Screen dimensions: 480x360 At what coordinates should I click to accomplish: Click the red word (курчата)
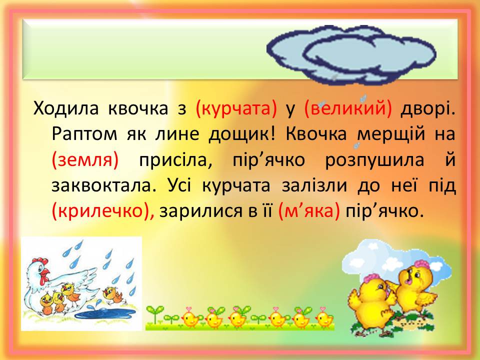(236, 108)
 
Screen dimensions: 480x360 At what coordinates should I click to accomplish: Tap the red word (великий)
(348, 108)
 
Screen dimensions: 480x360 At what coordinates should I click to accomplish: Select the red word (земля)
(85, 160)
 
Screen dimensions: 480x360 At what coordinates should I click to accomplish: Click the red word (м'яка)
(309, 211)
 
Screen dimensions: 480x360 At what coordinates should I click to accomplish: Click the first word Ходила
(66, 108)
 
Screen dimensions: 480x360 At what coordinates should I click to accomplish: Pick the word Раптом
(84, 134)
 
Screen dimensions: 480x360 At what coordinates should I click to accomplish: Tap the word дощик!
(242, 134)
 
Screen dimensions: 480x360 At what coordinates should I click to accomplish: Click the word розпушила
(374, 160)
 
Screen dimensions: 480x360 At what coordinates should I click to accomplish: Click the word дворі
(428, 108)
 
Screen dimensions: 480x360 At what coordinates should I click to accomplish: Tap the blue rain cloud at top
(351, 54)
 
